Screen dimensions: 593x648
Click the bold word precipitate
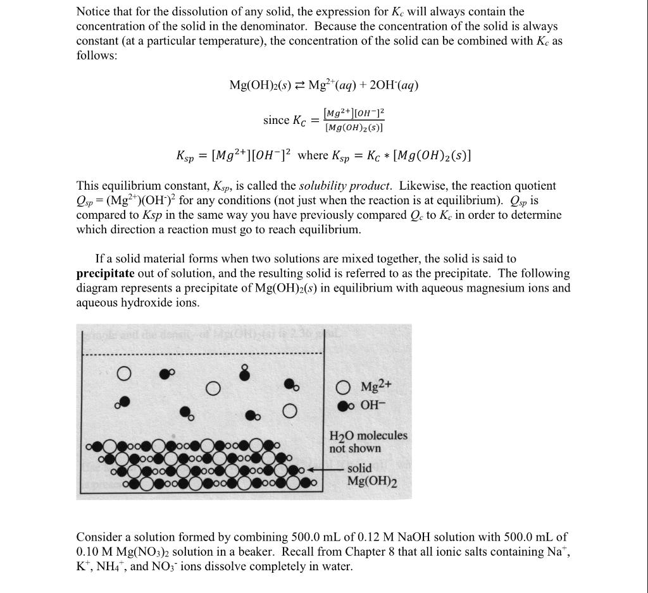click(x=105, y=274)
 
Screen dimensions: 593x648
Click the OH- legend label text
click(x=373, y=405)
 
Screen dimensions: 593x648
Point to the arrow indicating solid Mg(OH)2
click(x=329, y=470)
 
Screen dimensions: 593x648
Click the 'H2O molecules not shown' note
click(x=368, y=442)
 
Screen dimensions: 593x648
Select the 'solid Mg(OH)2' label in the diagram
click(x=371, y=475)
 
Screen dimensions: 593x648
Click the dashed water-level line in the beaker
click(x=202, y=354)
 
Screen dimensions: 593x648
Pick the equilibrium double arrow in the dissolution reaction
click(x=299, y=86)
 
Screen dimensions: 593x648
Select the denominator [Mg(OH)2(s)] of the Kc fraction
click(x=354, y=128)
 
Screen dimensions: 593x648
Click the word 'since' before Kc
click(x=276, y=120)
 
